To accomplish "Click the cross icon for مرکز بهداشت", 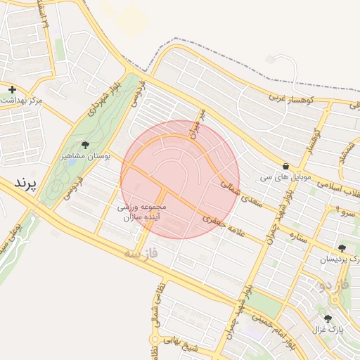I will click(12, 89).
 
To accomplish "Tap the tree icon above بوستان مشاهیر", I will click(85, 145).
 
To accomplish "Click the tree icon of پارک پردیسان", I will click(342, 248).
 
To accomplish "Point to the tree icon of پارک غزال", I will click(328, 319).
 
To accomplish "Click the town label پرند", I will click(24, 184).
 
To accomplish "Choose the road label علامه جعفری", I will click(224, 225).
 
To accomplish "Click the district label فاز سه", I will click(152, 252).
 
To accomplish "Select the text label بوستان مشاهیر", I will click(86, 156).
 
